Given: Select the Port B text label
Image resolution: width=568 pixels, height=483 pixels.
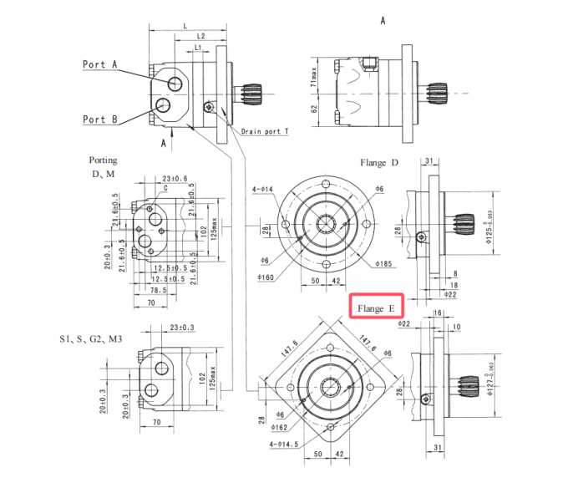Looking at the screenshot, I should [99, 119].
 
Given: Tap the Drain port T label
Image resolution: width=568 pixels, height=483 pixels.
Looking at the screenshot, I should [265, 132].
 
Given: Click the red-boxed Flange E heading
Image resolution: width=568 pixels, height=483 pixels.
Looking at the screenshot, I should [376, 308].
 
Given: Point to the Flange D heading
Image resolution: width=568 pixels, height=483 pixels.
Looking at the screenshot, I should [378, 162].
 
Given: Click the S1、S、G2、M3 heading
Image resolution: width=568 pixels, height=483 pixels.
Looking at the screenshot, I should [91, 338].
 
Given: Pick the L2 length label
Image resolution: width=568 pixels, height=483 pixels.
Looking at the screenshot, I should [200, 37].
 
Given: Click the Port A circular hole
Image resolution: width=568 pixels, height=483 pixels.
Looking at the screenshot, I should [176, 83].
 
